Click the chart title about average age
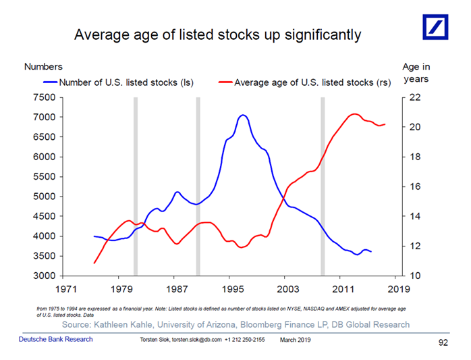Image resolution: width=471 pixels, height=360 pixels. click(x=217, y=34)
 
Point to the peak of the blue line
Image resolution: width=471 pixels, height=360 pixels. click(x=243, y=115)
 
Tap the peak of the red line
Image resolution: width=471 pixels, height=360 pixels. click(x=354, y=113)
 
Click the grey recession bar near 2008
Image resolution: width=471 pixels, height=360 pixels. click(x=323, y=186)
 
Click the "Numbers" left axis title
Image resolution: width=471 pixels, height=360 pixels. click(x=43, y=67)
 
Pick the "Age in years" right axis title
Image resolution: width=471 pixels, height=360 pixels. click(x=416, y=73)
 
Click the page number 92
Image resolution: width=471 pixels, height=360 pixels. click(x=443, y=343)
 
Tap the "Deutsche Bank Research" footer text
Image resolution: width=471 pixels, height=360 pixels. click(x=55, y=338)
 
